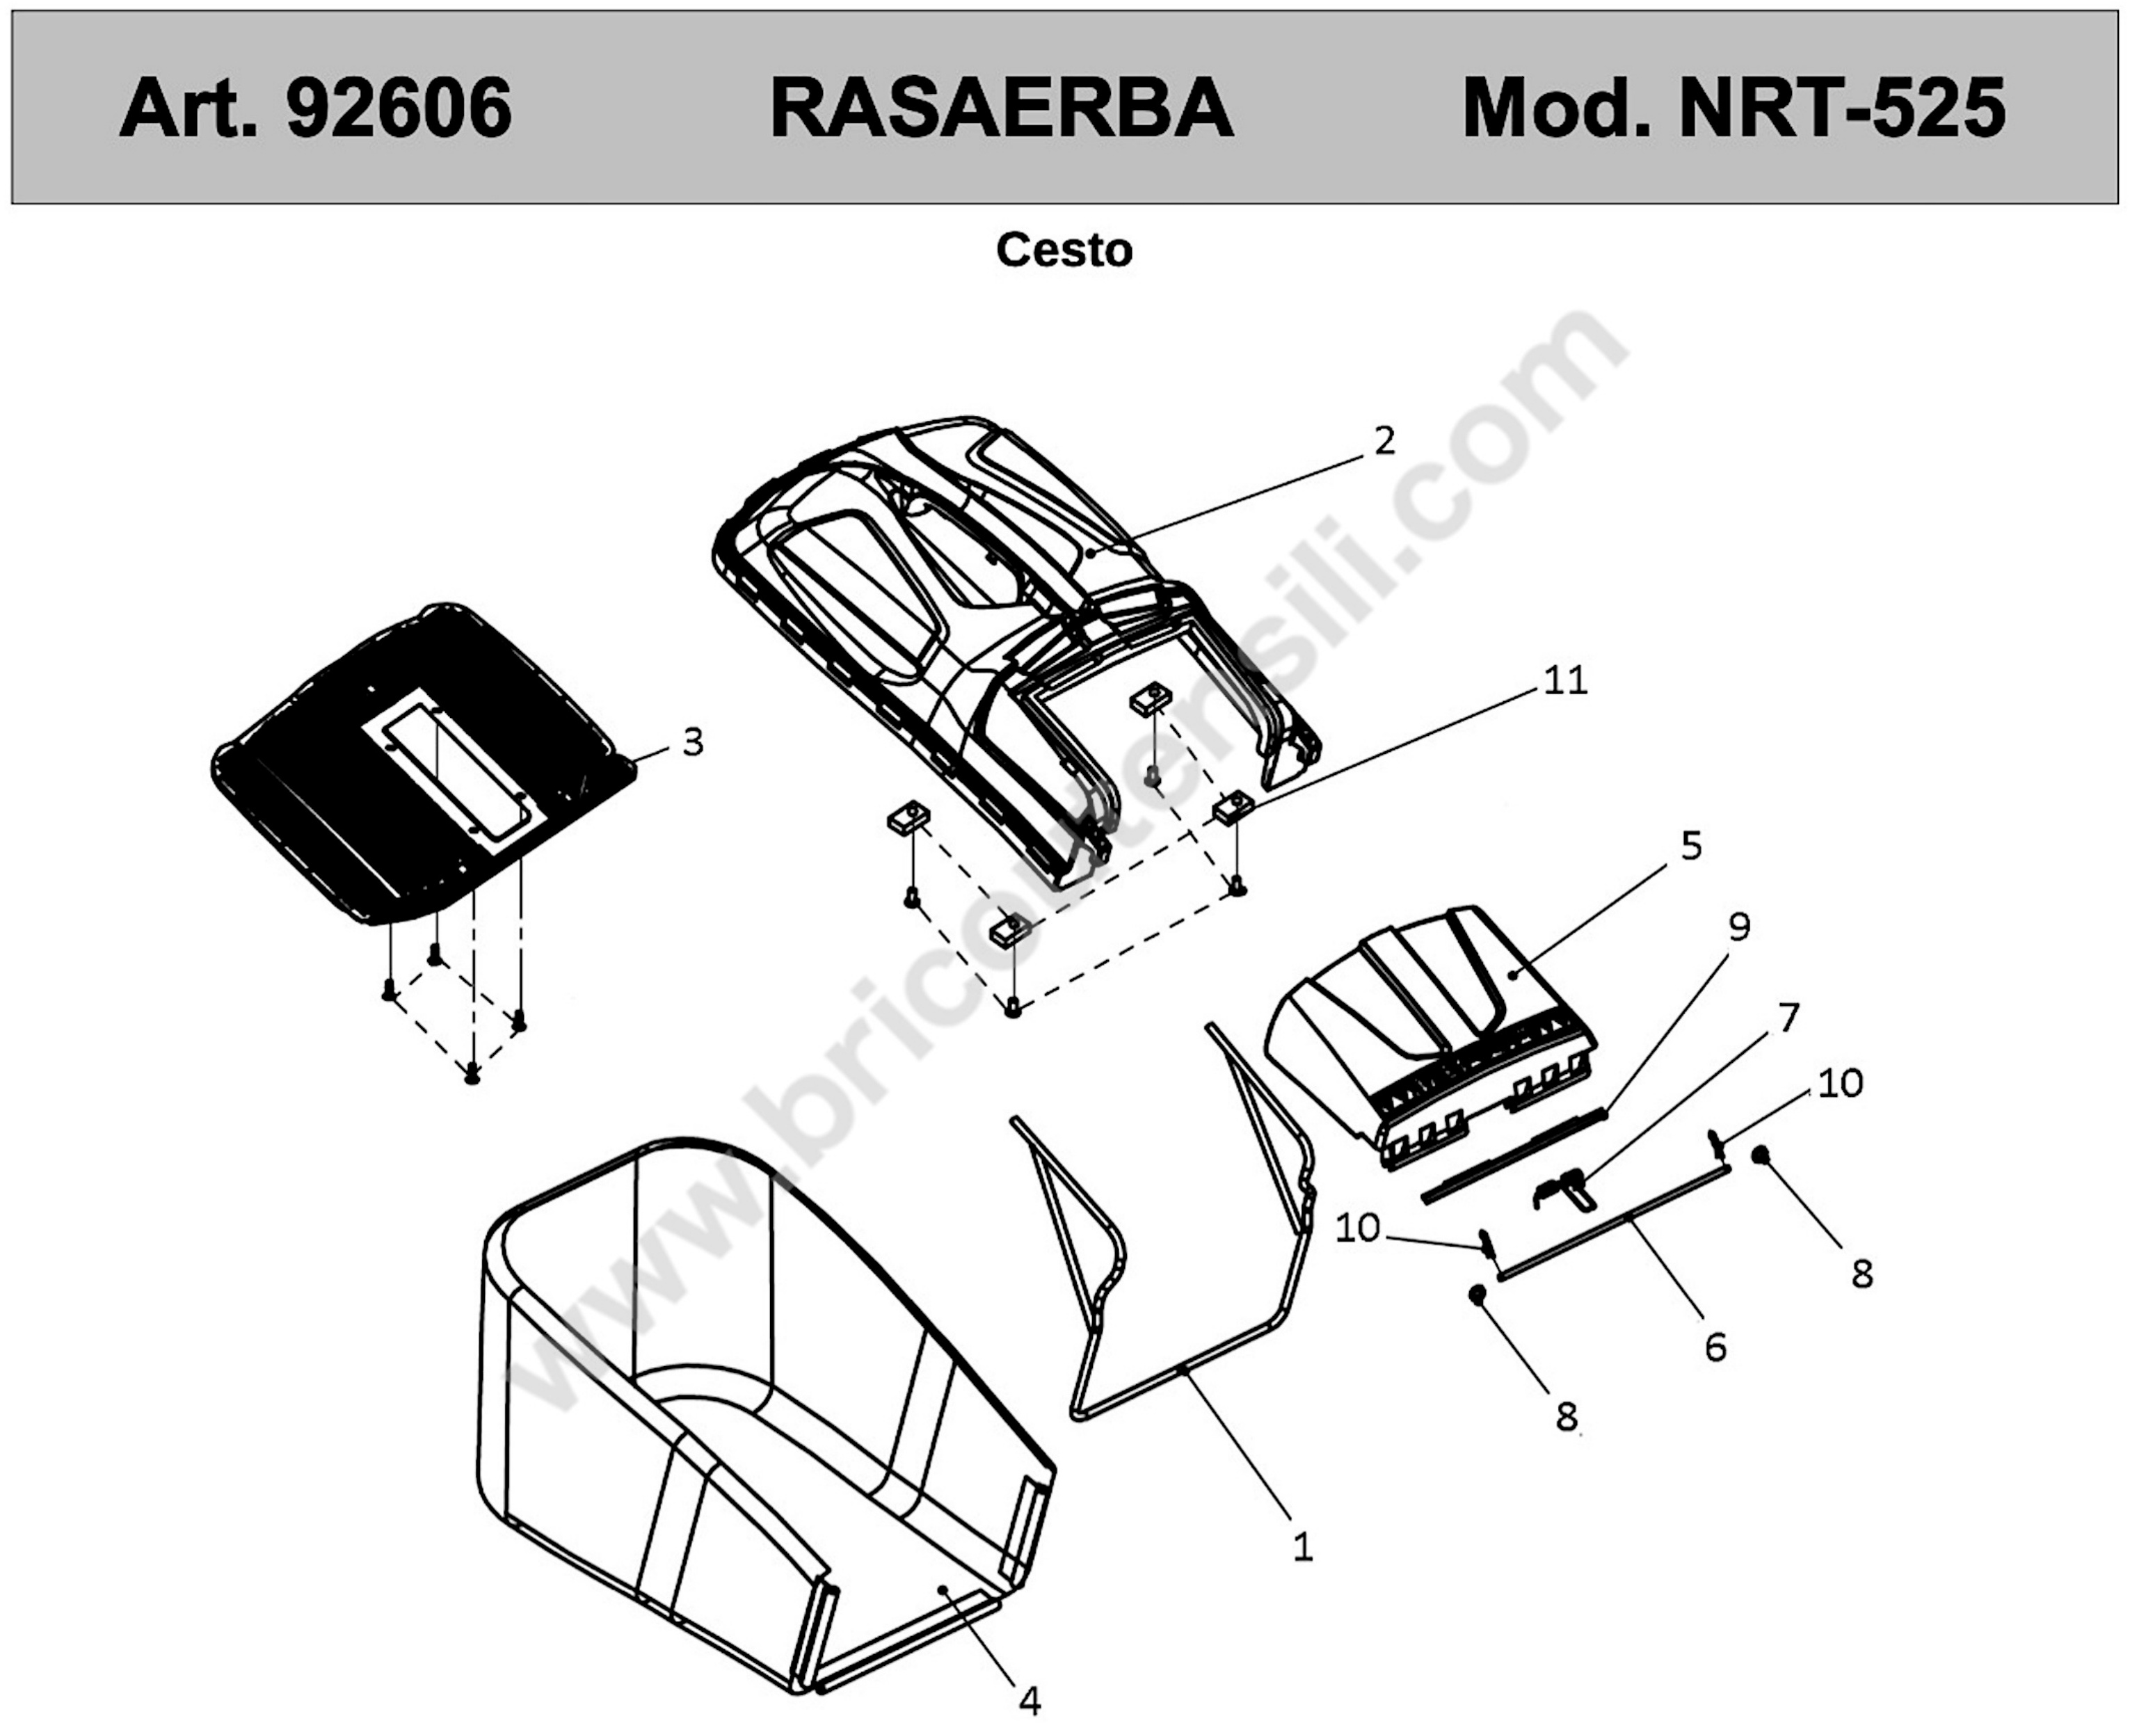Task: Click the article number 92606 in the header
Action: pos(399,107)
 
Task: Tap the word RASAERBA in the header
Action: pos(1002,107)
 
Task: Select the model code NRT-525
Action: pos(1842,107)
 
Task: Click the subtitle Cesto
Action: pos(1064,250)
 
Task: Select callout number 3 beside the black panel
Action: pos(693,742)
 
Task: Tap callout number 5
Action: pos(1691,846)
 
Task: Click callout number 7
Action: pos(1788,1018)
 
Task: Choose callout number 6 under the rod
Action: pos(1715,1347)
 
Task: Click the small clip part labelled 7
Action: pos(1565,1188)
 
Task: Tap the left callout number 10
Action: pos(1358,1228)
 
